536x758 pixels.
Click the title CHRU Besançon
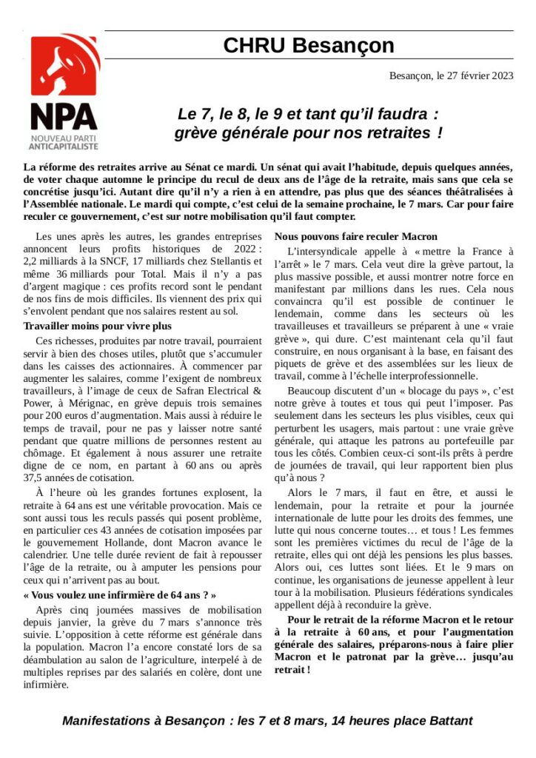coord(309,46)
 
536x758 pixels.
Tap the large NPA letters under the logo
coord(64,117)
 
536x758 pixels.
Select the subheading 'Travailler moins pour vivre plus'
coord(98,326)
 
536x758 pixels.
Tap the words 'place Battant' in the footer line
coord(439,720)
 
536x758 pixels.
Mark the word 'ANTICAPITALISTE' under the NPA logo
coord(64,148)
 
